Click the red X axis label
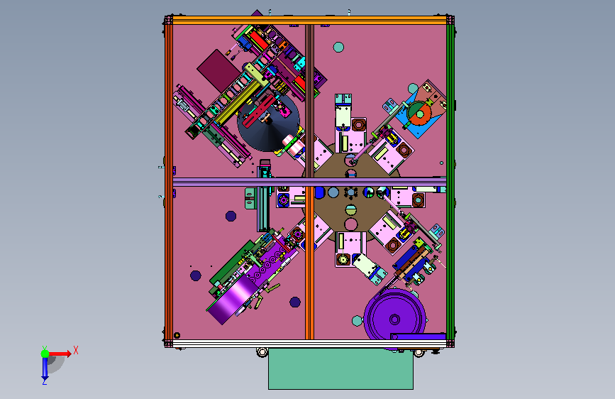pyautogui.click(x=76, y=350)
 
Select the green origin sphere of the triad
pyautogui.click(x=45, y=354)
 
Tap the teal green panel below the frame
pyautogui.click(x=340, y=368)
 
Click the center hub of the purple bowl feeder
pyautogui.click(x=394, y=319)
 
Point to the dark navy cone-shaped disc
pyautogui.click(x=269, y=123)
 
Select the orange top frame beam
pyautogui.click(x=309, y=21)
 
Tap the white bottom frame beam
pyautogui.click(x=309, y=344)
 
